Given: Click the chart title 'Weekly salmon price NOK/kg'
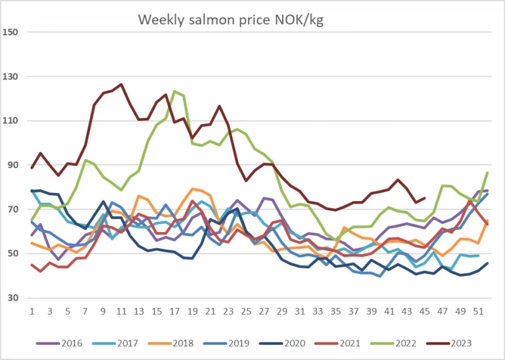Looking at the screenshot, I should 230,20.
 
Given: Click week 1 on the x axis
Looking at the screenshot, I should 32,311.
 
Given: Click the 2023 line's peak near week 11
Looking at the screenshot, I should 121,84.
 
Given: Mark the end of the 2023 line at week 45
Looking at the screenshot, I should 425,198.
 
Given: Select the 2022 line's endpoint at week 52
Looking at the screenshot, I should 487,172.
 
